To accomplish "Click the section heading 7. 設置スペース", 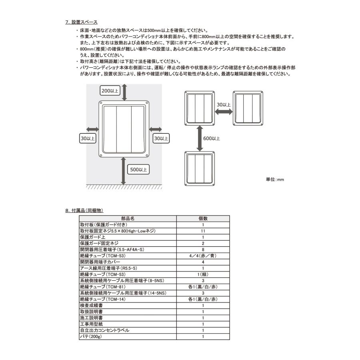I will point(81,22).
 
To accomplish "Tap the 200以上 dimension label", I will point(110,91).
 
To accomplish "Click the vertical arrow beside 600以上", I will point(200,137).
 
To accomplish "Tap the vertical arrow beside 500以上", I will point(124,170).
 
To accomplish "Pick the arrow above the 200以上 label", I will point(124,92).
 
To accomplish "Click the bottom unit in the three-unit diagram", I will point(200,168).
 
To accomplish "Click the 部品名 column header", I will point(128,219).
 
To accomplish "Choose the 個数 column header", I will point(203,219).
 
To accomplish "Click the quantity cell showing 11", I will point(203,231).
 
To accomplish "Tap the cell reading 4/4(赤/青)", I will point(203,256).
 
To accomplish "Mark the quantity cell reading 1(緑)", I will point(203,274).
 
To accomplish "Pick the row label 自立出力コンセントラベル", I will point(105,330).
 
